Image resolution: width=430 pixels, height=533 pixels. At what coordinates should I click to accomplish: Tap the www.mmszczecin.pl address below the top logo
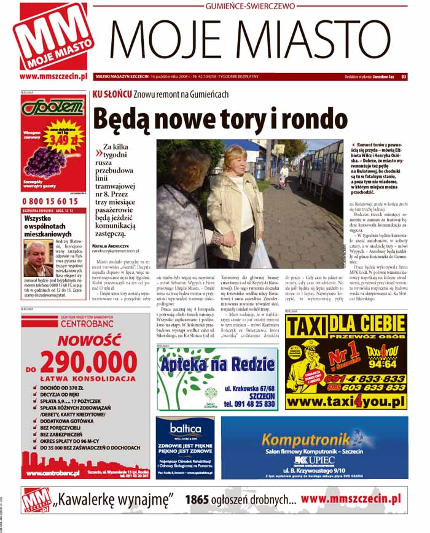(x=53, y=77)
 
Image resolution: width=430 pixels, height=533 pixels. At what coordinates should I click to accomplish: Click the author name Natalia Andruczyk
(x=112, y=246)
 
